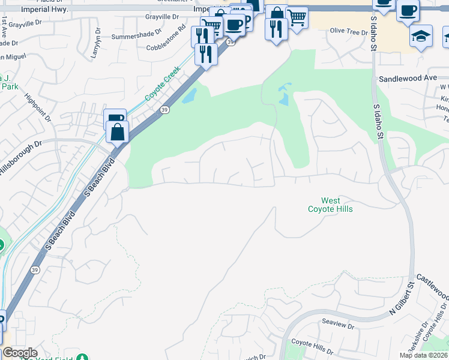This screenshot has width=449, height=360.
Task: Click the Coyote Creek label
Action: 162,85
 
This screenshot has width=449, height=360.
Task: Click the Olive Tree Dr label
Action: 349,31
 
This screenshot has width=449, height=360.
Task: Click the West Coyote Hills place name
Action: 330,205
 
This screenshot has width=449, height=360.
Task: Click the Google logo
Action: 20,353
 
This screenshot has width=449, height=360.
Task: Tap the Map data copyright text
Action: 424,355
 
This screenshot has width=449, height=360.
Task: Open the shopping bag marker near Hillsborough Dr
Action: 118,131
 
